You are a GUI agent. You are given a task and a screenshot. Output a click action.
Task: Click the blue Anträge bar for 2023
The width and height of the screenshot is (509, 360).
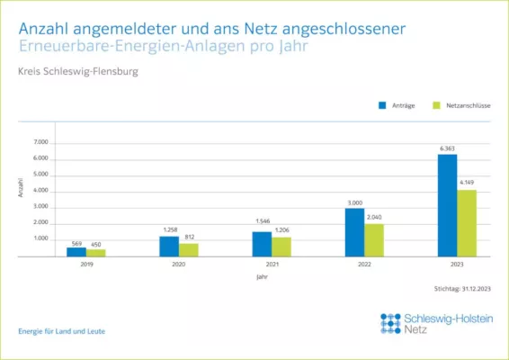(x=447, y=205)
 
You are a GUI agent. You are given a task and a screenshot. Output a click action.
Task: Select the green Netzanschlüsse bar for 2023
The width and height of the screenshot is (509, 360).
(x=467, y=223)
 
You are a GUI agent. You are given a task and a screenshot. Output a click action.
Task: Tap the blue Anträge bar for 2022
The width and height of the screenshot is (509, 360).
(x=354, y=232)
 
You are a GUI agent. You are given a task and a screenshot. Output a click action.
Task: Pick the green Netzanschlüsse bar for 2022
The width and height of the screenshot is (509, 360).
(x=374, y=240)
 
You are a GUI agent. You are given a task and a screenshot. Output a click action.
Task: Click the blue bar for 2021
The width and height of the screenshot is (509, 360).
(x=262, y=244)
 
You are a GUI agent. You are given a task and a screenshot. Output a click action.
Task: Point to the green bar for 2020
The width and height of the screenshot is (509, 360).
(x=189, y=249)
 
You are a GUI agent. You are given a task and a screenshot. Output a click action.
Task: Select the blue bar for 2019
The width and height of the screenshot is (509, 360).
(x=76, y=251)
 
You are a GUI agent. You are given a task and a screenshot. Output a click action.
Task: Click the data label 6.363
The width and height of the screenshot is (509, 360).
(x=447, y=148)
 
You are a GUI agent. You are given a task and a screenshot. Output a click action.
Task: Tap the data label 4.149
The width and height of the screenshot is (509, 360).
(x=467, y=184)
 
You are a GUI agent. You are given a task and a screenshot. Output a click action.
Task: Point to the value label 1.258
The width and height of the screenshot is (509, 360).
(x=169, y=230)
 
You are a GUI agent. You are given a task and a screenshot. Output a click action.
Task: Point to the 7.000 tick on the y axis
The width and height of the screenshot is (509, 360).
(x=40, y=142)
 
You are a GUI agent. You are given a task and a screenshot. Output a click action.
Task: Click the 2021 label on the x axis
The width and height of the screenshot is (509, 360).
(x=272, y=265)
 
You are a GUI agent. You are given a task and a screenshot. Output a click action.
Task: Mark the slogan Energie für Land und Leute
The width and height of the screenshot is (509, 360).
(x=61, y=331)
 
